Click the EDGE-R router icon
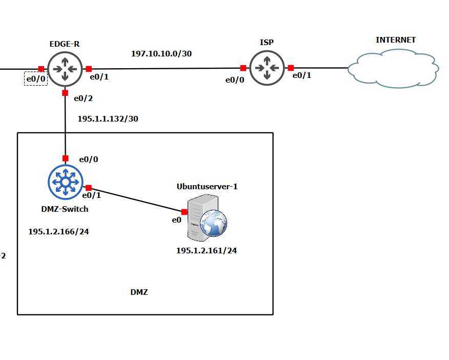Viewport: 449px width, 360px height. tap(65, 69)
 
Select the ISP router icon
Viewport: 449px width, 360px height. tap(267, 68)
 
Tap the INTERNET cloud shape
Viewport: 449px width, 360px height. tap(393, 68)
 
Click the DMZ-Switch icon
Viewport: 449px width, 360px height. tap(65, 182)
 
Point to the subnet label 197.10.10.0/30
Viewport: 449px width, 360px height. tap(161, 53)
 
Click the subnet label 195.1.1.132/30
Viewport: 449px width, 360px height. tap(108, 118)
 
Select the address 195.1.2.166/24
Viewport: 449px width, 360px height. tap(58, 232)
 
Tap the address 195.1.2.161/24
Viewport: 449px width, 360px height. tap(207, 251)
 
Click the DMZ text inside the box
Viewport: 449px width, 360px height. tap(139, 292)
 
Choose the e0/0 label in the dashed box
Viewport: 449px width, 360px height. tap(36, 78)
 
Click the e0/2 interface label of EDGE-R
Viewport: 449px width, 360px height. tap(84, 98)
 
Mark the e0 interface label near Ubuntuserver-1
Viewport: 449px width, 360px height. tap(176, 220)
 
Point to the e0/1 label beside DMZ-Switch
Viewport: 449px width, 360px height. tap(92, 195)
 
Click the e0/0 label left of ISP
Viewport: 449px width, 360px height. tap(235, 79)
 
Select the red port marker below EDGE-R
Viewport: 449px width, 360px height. tap(65, 93)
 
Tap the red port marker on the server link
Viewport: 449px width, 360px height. tap(184, 212)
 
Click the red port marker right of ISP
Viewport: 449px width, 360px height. tap(291, 68)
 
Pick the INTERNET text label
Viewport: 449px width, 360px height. tap(396, 39)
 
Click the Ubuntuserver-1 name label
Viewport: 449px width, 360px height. tap(207, 186)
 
